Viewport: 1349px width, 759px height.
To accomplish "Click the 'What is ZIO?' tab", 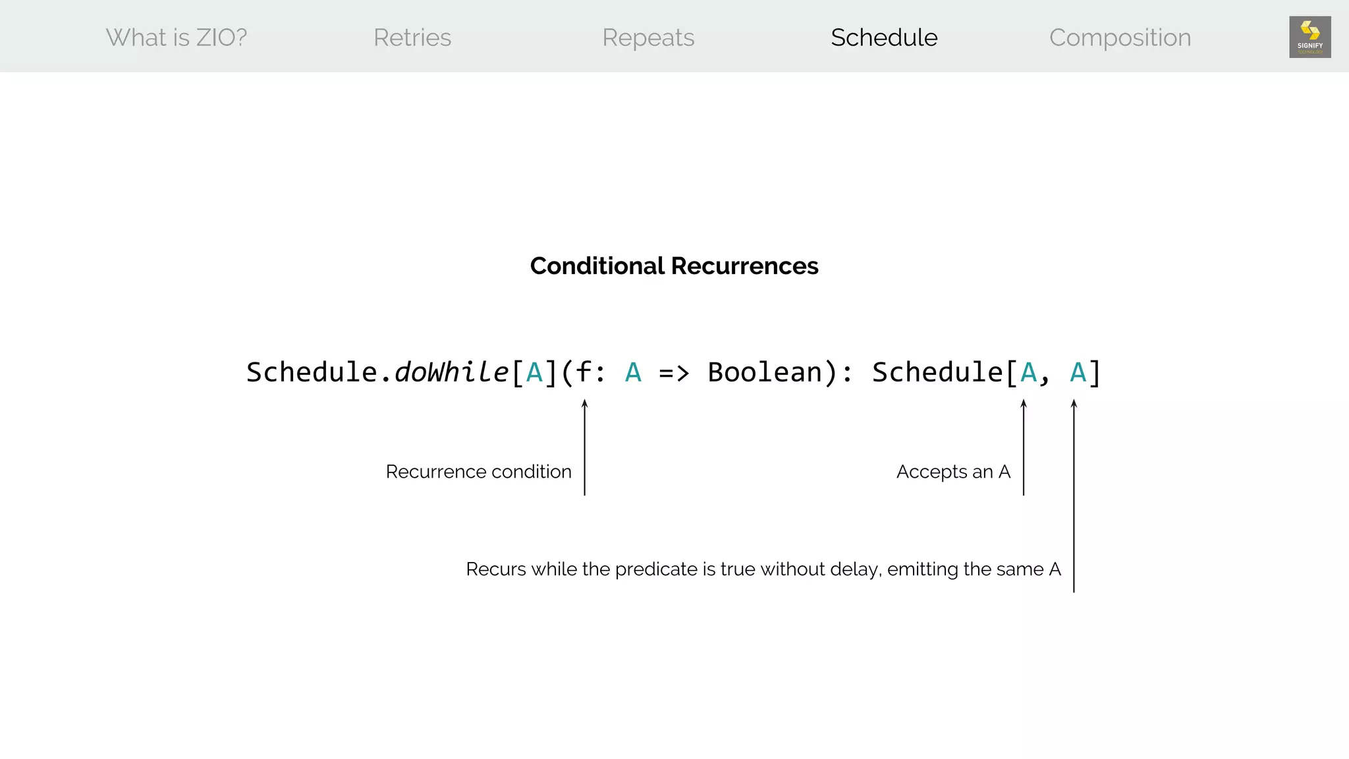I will point(177,38).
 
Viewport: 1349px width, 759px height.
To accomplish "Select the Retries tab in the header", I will point(412,38).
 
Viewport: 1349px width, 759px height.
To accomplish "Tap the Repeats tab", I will point(648,38).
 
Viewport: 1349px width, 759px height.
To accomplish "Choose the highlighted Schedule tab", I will point(884,38).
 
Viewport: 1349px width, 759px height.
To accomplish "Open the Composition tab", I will point(1120,38).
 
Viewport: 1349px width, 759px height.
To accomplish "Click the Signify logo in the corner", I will point(1309,37).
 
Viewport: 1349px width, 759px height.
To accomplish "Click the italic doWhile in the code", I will point(451,372).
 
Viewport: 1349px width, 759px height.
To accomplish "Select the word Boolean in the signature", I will point(765,372).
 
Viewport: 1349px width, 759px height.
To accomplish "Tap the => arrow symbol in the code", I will point(674,373).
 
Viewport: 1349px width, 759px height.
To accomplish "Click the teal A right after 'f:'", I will point(633,372).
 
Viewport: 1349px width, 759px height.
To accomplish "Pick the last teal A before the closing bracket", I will point(1078,372).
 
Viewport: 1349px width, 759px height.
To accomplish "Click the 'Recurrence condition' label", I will point(478,472).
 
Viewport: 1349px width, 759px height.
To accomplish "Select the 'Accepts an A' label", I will point(953,472).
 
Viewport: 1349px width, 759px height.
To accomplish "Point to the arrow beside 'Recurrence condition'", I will point(584,448).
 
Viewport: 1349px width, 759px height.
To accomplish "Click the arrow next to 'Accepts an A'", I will point(1024,448).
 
